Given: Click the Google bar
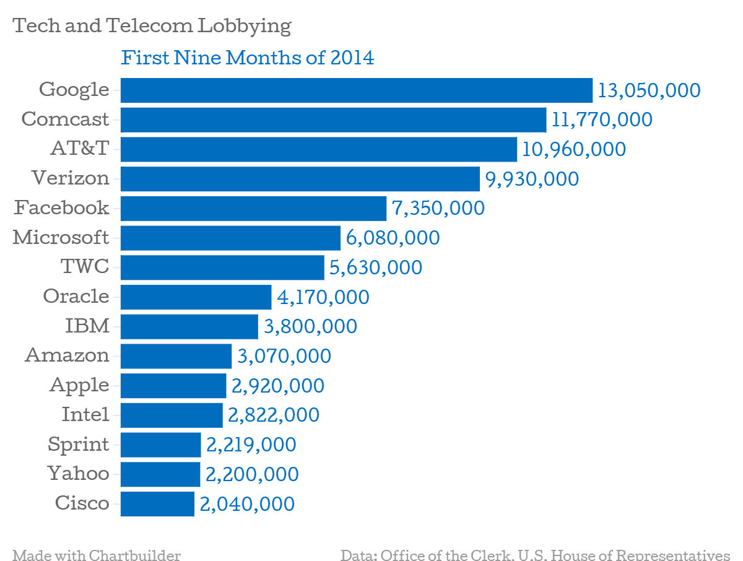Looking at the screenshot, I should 356,90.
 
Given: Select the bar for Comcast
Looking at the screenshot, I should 333,120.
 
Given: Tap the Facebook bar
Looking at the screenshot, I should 253,208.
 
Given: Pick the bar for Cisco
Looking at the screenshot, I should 157,503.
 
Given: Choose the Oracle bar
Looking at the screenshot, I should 196,297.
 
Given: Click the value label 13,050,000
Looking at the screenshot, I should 649,91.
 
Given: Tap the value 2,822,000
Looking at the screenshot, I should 274,415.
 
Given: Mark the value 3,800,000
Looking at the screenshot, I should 310,326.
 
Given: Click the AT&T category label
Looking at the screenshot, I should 80,149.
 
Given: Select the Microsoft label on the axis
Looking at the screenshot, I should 61,237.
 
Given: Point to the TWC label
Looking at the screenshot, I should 85,267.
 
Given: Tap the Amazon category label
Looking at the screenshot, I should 67,355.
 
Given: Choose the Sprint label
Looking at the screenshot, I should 78,444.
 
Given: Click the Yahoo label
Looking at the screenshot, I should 78,474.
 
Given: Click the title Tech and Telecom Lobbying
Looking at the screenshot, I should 152,26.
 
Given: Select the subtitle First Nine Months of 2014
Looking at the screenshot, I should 248,58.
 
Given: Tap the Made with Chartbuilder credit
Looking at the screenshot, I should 97,554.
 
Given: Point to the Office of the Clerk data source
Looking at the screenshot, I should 535,554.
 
